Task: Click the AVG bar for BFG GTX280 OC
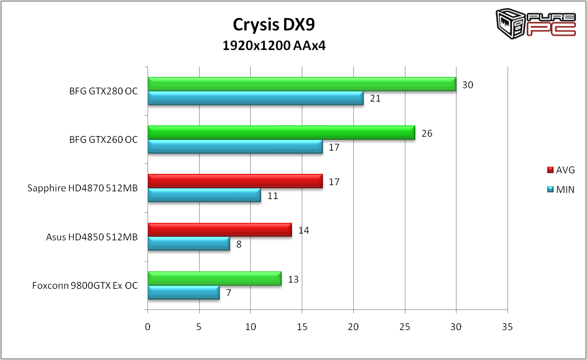(x=302, y=84)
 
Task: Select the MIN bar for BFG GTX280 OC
(x=255, y=98)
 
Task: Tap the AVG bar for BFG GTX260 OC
(x=281, y=133)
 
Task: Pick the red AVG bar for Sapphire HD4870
(x=235, y=181)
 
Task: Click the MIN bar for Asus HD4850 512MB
(x=189, y=243)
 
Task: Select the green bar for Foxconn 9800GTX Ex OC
(x=214, y=279)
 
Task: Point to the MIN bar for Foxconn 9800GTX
(x=184, y=292)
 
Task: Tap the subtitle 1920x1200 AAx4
(x=274, y=46)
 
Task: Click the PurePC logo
(x=536, y=23)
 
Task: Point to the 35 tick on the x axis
(x=508, y=326)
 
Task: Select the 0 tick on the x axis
(x=148, y=326)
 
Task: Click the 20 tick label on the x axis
(x=353, y=326)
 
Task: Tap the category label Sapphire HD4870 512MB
(x=83, y=188)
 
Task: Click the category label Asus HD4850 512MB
(x=92, y=237)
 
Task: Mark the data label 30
(x=467, y=85)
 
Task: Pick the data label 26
(x=427, y=133)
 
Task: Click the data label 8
(x=239, y=244)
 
